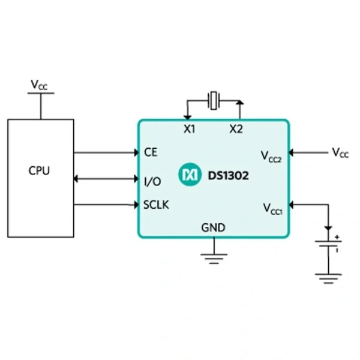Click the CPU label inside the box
point(39,170)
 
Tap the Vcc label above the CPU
point(39,85)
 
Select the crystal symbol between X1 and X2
point(214,101)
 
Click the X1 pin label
point(190,129)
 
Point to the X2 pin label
point(236,129)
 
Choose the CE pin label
point(151,152)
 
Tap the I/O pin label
point(152,181)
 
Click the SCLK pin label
point(156,205)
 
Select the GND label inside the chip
point(213,228)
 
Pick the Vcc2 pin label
point(271,157)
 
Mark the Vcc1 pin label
point(272,209)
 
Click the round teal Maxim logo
point(190,175)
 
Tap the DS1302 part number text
point(228,176)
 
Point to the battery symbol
point(329,244)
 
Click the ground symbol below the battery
point(329,278)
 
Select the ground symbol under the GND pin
point(214,259)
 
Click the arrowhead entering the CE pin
point(136,152)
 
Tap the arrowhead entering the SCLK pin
point(136,205)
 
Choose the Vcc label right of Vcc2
point(340,152)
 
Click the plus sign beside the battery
point(337,237)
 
